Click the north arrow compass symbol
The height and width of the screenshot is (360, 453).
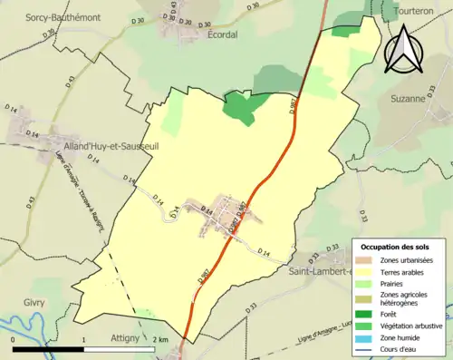[403, 48]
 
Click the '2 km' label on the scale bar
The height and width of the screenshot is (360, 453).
[159, 338]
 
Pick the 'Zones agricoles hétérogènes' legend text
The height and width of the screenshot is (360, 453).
[404, 300]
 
